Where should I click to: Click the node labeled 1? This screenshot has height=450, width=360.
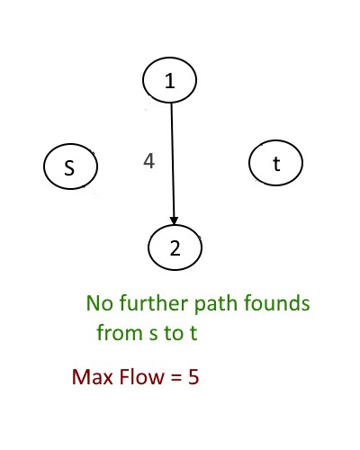coord(169,80)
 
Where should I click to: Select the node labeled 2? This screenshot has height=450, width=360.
coord(175,247)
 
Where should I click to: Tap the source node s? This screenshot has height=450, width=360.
coord(70,166)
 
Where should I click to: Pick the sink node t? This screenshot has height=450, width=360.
coord(275,163)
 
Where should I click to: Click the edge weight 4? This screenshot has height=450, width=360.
coord(149,161)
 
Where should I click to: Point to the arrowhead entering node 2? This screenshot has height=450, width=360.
coord(174,220)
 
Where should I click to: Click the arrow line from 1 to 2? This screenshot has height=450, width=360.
coord(173,164)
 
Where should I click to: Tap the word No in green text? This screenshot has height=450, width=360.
coord(100,303)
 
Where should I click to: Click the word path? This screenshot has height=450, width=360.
coord(217,304)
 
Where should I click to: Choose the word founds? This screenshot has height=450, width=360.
coord(276,302)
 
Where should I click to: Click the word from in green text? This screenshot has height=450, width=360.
coord(120,332)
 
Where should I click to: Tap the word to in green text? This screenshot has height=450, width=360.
coord(174,333)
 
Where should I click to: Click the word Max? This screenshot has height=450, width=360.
coord(93,377)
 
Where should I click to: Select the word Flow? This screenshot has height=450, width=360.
coord(142,377)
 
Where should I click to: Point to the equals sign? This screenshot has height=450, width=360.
coord(176,377)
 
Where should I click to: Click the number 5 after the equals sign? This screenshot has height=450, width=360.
coord(193,377)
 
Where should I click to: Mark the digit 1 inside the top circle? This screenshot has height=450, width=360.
coord(170,80)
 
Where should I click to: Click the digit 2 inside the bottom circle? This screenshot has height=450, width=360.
coord(175,248)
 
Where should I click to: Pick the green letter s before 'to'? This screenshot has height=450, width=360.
coord(153,335)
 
